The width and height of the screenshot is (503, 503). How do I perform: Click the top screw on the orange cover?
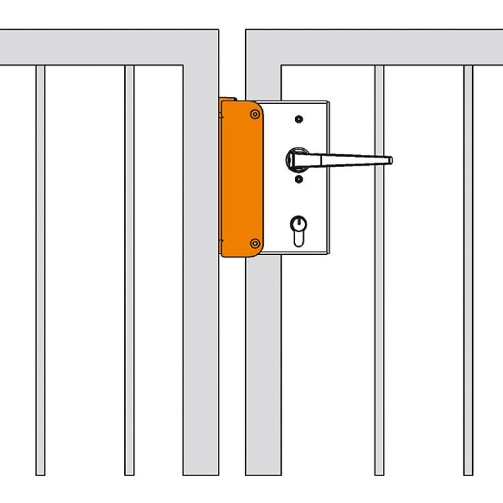[x=254, y=115]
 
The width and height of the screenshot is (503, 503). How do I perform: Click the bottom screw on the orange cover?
[x=254, y=243]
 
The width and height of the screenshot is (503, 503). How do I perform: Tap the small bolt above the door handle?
[x=298, y=120]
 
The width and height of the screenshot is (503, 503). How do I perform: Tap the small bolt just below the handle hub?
[x=298, y=179]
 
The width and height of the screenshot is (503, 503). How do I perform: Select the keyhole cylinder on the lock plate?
[x=297, y=227]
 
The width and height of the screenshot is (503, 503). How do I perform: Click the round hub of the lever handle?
[x=296, y=160]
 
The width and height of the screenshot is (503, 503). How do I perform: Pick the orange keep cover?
[x=239, y=178]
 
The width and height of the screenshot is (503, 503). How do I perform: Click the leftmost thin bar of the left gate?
[x=40, y=268]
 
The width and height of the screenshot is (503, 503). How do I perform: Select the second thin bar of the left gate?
[x=129, y=268]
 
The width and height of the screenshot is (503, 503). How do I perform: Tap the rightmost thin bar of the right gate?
[x=468, y=268]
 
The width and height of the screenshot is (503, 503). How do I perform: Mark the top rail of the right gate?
[x=376, y=47]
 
